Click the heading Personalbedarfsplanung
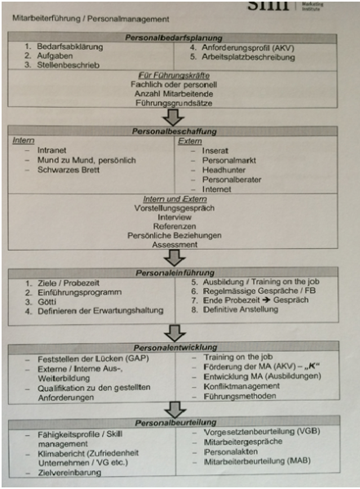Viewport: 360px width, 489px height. pos(174,38)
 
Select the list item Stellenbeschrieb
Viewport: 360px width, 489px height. pos(68,65)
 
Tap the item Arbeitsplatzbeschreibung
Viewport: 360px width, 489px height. pos(248,57)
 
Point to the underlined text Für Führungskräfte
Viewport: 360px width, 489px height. pos(174,75)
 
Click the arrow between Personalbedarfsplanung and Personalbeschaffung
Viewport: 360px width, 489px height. pos(173,118)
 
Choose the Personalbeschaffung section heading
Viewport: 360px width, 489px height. pos(174,131)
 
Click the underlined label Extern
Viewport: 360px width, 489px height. pos(190,141)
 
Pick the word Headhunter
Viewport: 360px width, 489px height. pos(224,170)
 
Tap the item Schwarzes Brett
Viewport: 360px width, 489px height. pos(69,170)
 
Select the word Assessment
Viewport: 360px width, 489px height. pos(175,245)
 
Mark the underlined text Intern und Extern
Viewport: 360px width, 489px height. pos(175,199)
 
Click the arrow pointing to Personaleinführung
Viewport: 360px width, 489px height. pos(175,258)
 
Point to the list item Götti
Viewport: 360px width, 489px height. pos(47,301)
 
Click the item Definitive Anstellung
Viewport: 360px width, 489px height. pos(241,309)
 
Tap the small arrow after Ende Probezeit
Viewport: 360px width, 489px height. pos(266,300)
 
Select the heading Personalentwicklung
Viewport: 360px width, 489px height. pos(175,348)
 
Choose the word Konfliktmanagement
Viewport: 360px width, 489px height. pos(242,386)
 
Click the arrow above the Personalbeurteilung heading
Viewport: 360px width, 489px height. pos(176,410)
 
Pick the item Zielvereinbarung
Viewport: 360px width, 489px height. pos(69,473)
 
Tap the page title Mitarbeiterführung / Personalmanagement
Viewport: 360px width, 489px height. pos(91,19)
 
